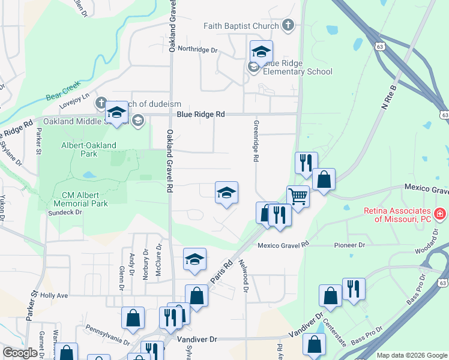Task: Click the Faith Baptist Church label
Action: (241, 26)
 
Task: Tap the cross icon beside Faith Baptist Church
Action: (289, 25)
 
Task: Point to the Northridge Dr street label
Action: (197, 50)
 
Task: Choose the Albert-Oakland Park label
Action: (89, 150)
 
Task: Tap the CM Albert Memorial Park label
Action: (85, 199)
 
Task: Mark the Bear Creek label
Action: (63, 96)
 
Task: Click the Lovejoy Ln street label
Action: (77, 95)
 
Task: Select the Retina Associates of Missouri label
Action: (397, 215)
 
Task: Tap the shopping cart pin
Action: (298, 196)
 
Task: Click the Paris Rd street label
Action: (220, 272)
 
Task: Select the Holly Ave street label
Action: (55, 295)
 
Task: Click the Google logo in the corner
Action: (20, 353)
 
